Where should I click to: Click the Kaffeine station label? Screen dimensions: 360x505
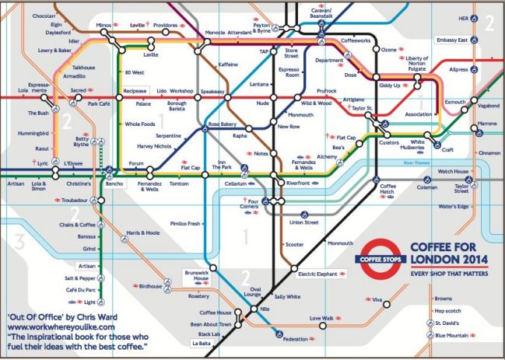tap(228, 65)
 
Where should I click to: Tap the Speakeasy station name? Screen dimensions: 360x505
tap(212, 92)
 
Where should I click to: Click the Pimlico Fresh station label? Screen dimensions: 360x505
tap(184, 223)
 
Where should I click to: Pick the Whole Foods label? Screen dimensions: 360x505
tap(141, 124)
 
